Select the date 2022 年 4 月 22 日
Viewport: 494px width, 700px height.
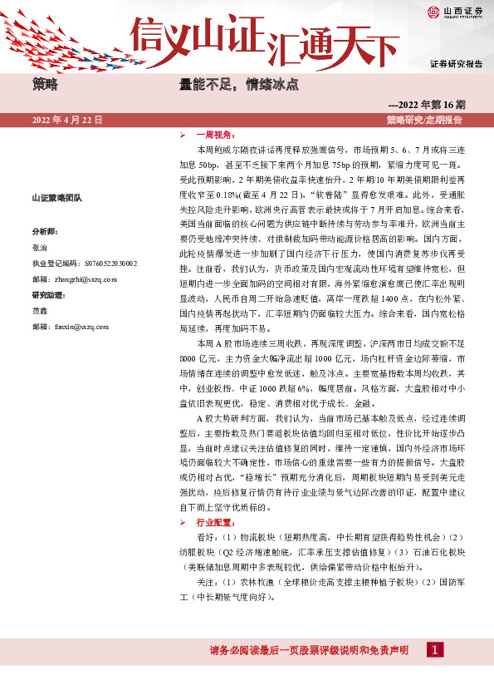click(x=66, y=120)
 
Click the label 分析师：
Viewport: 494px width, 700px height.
click(x=45, y=230)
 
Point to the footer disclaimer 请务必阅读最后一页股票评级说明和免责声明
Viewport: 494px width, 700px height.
click(x=310, y=651)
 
